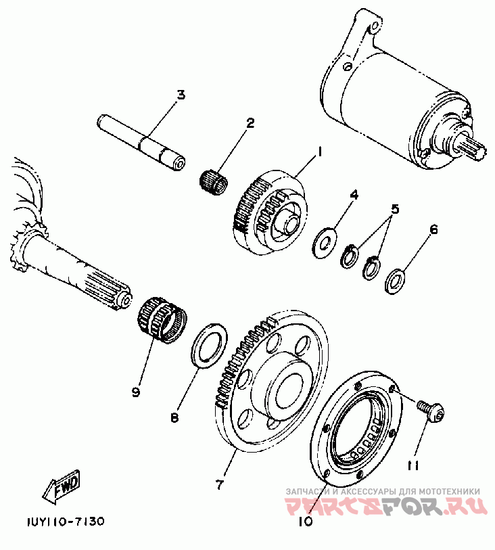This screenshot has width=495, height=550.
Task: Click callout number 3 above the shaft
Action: (181, 95)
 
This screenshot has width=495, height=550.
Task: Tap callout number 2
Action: (231, 123)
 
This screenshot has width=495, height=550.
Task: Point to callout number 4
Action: (353, 195)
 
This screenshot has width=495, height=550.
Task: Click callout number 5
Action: (395, 209)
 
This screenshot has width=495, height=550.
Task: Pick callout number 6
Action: (433, 230)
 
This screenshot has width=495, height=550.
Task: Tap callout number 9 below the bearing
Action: (136, 392)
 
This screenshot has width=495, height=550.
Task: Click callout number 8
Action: (174, 418)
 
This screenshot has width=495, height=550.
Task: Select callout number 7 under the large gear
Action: (219, 484)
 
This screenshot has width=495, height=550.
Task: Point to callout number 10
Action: (305, 521)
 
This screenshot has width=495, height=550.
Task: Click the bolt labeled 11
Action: (425, 409)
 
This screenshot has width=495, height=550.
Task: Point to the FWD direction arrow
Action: (63, 487)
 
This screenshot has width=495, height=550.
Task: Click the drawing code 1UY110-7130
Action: (66, 522)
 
